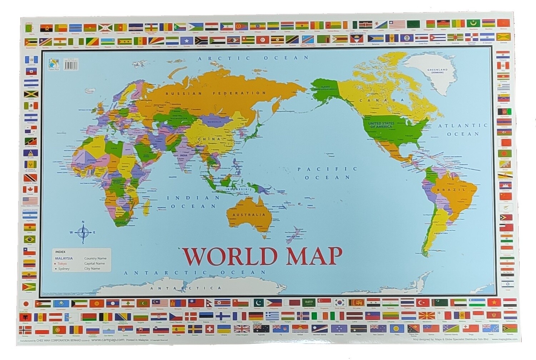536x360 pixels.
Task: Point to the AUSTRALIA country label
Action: tap(249, 214)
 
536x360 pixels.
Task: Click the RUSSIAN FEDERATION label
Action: tap(215, 93)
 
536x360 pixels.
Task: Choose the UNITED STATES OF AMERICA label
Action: tap(382, 125)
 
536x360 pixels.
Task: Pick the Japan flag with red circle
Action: tap(26, 304)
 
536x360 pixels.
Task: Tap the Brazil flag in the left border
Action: tap(30, 239)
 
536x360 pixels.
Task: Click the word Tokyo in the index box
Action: tap(62, 263)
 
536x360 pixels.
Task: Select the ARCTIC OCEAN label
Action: tap(254, 58)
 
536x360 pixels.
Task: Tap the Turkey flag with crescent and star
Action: tap(423, 303)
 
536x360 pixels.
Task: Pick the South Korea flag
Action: tap(339, 303)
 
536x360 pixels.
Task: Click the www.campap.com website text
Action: tap(108, 340)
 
